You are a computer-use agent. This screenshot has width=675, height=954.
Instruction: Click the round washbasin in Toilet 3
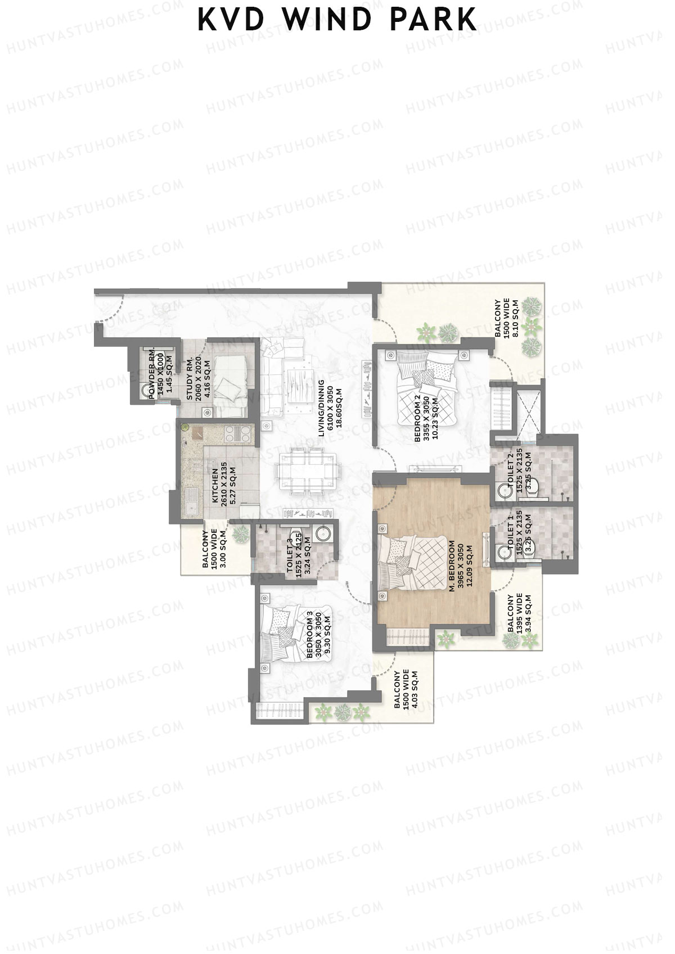[323, 533]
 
